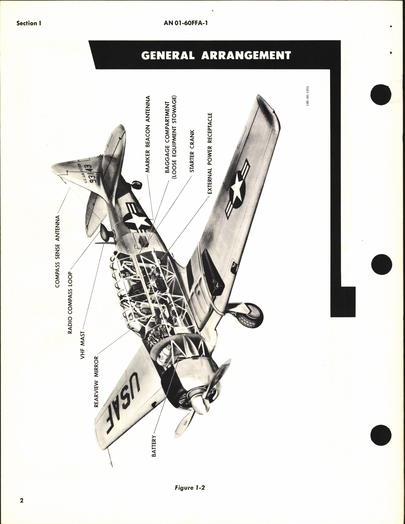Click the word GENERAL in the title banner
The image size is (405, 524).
[x=168, y=55]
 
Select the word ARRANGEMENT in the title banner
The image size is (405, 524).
[x=246, y=55]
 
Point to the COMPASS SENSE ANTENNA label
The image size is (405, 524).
[x=58, y=251]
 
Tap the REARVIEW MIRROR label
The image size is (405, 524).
[x=96, y=382]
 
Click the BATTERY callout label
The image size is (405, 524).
[x=154, y=446]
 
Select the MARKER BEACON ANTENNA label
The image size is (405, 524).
[x=148, y=134]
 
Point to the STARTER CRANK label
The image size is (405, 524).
[x=192, y=151]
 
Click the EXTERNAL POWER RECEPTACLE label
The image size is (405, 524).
[x=210, y=154]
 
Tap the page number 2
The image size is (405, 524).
[x=22, y=509]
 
